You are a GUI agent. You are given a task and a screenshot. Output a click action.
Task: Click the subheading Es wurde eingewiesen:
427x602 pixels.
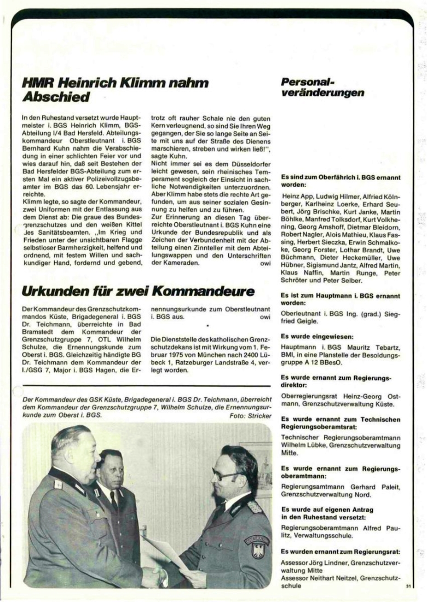coord(310,337)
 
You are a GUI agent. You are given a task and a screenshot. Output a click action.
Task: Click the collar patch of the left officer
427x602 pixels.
coord(57,484)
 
